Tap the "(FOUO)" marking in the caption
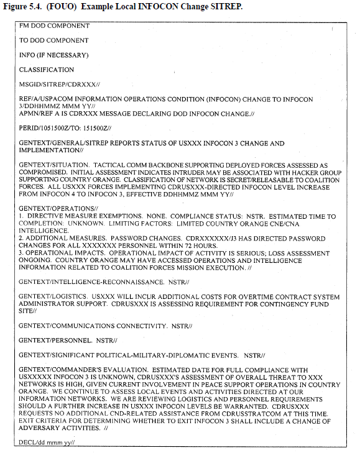tap(62, 7)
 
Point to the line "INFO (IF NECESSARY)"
tap(53, 55)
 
